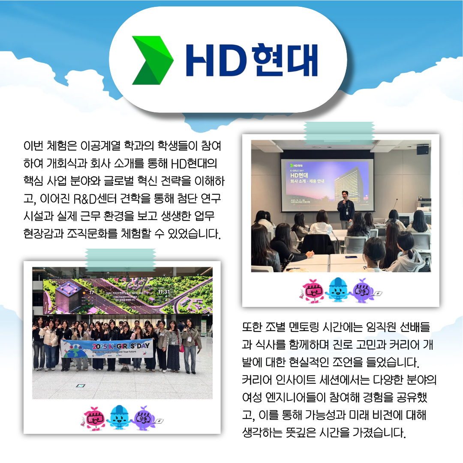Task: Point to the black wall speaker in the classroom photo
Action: pyautogui.click(x=422, y=149)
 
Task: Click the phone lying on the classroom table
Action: pyautogui.click(x=350, y=257)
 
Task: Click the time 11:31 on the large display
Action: pyautogui.click(x=164, y=292)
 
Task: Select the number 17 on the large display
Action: pyautogui.click(x=91, y=292)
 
